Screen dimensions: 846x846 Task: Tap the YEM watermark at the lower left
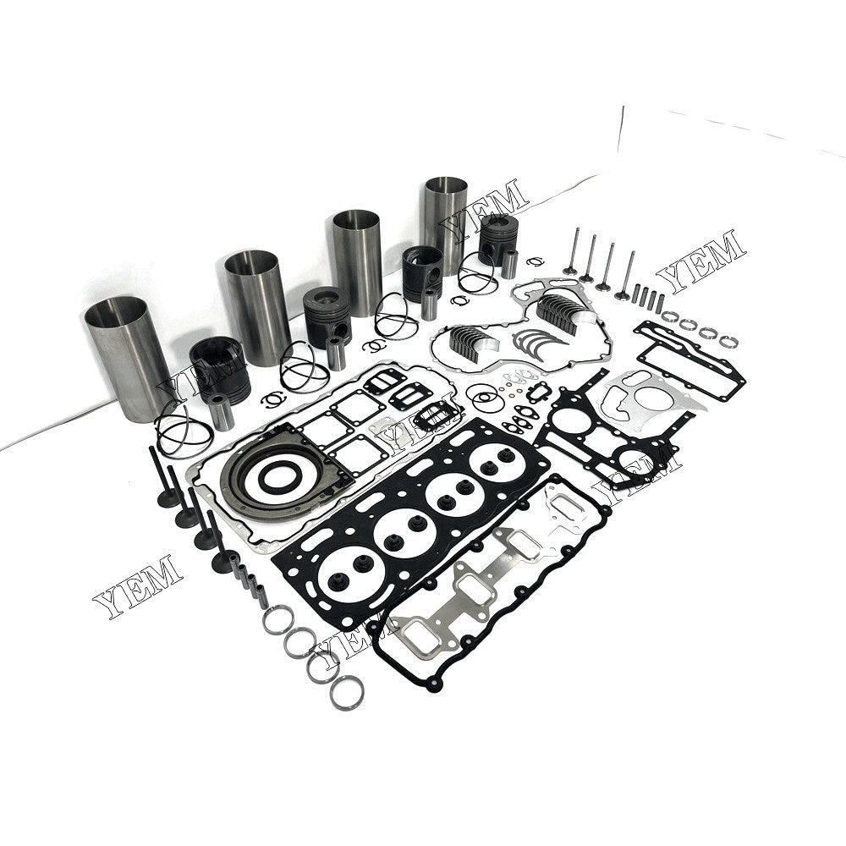tap(138, 585)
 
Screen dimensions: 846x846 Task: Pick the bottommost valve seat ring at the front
tap(347, 694)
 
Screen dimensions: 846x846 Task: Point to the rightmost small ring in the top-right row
tap(730, 341)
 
